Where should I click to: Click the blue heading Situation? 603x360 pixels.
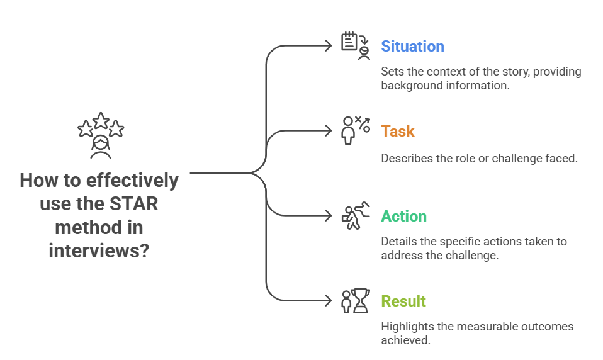(x=412, y=47)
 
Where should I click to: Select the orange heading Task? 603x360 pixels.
(x=398, y=132)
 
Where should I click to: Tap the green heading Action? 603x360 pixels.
(x=403, y=217)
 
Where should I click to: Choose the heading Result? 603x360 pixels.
(x=403, y=301)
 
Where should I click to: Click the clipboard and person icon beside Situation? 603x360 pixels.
(x=355, y=46)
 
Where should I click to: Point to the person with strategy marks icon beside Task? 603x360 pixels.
(x=354, y=130)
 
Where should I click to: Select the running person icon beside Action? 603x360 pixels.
(x=352, y=217)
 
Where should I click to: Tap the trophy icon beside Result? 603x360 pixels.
(x=355, y=301)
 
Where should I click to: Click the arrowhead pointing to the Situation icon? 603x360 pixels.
(x=328, y=45)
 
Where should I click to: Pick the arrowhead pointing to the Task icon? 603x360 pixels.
(x=328, y=130)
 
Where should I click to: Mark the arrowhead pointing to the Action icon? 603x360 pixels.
(x=328, y=216)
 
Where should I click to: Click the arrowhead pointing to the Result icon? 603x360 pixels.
(x=328, y=301)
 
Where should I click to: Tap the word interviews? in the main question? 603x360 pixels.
(x=99, y=250)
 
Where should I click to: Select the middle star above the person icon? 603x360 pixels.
(x=101, y=120)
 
